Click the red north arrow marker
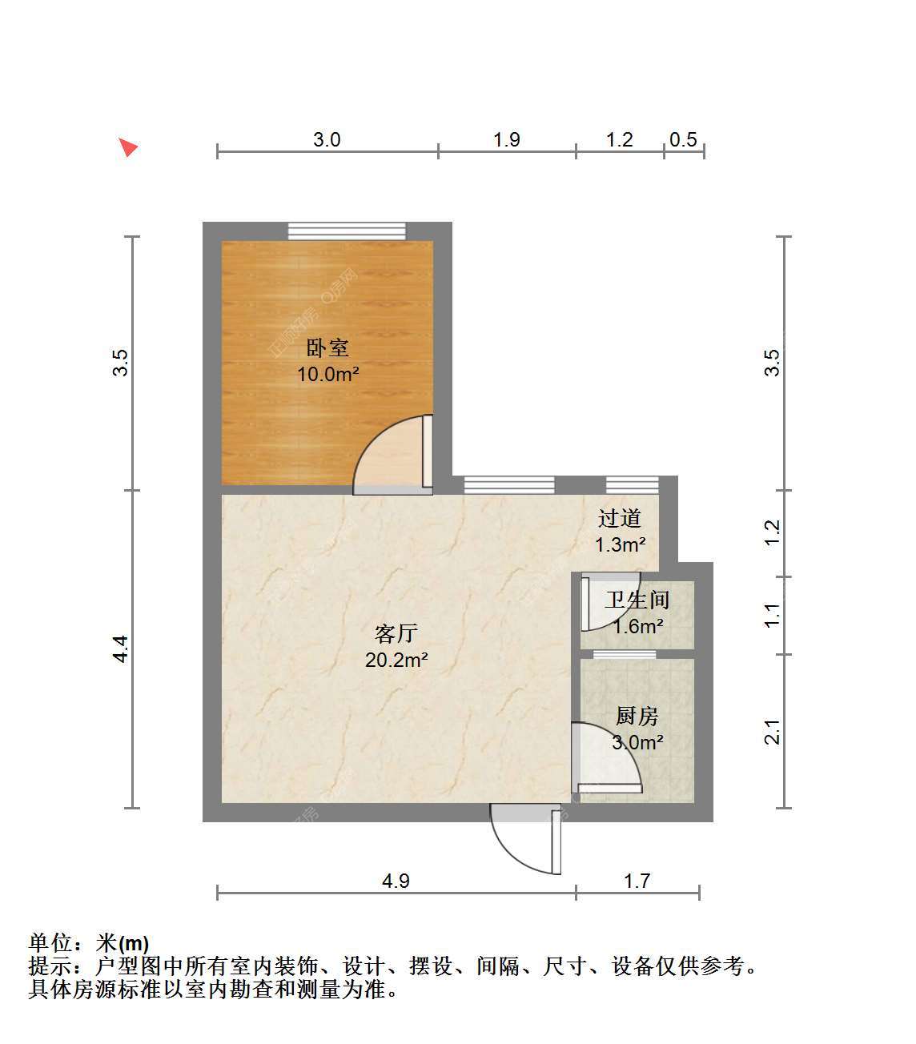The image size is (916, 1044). (x=128, y=147)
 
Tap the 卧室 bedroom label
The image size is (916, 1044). (x=327, y=347)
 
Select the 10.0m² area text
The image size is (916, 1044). (x=327, y=374)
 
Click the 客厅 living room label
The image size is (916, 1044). (x=396, y=633)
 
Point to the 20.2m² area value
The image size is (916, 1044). (x=396, y=660)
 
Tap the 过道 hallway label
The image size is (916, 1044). (x=620, y=518)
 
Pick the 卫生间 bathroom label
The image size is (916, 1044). (x=637, y=600)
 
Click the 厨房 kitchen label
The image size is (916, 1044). (x=637, y=716)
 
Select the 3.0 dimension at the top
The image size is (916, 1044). (x=327, y=139)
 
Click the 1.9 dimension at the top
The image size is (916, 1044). (x=507, y=139)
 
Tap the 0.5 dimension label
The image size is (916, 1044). (x=683, y=139)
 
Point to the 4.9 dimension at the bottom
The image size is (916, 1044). (x=396, y=881)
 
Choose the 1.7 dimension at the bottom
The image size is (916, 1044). (x=637, y=881)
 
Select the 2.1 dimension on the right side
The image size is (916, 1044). (x=772, y=731)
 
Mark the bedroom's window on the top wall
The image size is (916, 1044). (x=347, y=231)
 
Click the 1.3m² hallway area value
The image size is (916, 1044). (x=620, y=544)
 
